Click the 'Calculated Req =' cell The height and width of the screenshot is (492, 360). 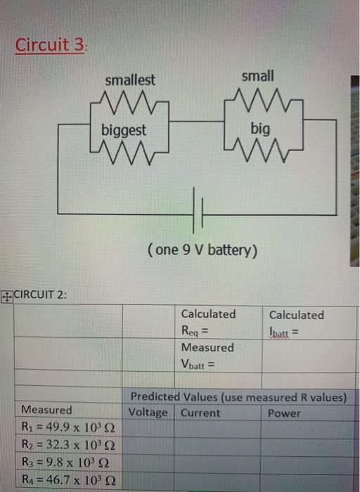(x=209, y=321)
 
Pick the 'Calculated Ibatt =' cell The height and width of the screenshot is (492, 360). (x=296, y=321)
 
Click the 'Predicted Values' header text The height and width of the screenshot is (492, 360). (x=238, y=397)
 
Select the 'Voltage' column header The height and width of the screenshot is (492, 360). (x=148, y=413)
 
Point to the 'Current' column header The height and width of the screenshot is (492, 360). (x=200, y=413)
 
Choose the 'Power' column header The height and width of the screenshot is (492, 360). (x=284, y=413)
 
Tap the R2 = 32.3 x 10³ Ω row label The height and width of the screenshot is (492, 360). (x=67, y=445)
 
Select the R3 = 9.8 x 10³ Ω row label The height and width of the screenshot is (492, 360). (x=65, y=463)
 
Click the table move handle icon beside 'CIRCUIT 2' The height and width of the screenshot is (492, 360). (x=6, y=295)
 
